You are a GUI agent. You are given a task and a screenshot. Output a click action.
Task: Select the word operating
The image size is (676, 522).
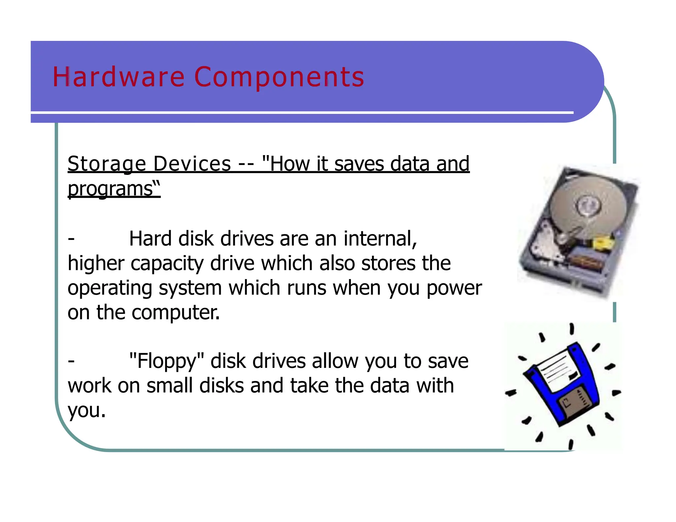click(x=110, y=288)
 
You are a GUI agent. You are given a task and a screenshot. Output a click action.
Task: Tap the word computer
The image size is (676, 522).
click(x=175, y=312)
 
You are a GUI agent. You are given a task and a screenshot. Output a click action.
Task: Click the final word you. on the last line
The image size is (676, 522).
click(x=86, y=410)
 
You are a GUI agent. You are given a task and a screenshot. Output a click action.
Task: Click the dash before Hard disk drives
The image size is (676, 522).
click(x=71, y=238)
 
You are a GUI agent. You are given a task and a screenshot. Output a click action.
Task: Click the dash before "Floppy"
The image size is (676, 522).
click(x=71, y=361)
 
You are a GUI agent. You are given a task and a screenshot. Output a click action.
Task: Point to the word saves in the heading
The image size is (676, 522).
click(x=359, y=164)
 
